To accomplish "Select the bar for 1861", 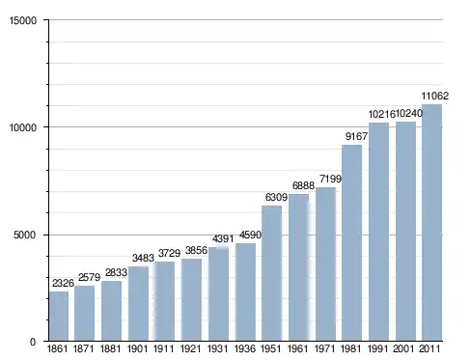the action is pos(59,316).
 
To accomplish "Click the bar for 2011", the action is pos(431,223).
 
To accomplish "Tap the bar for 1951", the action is pos(272,273).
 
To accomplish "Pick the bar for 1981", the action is pos(352,243).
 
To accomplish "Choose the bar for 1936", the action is pos(245,291).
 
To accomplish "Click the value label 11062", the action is pos(435,96).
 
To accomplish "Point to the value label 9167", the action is pos(356,136).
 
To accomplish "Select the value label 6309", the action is pos(276,197).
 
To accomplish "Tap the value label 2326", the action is pos(63,283).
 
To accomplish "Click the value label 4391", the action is pos(223,238).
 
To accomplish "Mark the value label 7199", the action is pos(330,179).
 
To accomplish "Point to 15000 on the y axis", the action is pos(23,20).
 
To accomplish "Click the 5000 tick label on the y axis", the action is pos(25,235).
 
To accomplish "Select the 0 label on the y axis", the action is pos(33,342).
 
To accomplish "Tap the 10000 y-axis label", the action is pos(23,127).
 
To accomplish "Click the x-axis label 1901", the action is pos(137,348).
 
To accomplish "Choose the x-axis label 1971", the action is pos(324,348).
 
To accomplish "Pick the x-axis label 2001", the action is pos(403,348).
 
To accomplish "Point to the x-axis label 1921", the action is pos(191,348).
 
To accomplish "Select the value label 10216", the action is pos(381,114).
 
